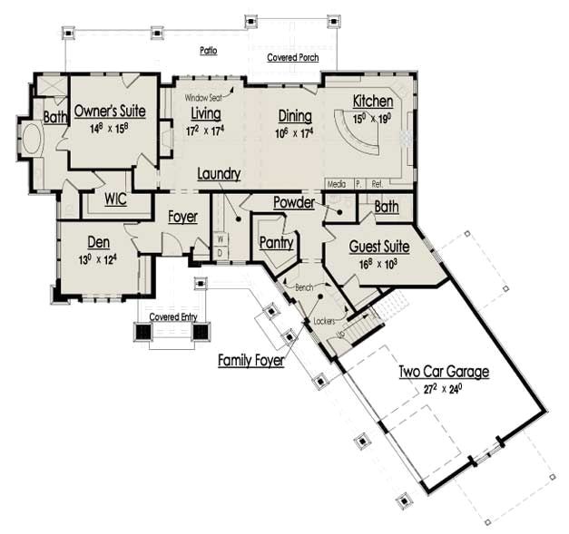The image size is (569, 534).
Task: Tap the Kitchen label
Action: (373, 101)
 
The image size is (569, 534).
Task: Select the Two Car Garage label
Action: (444, 372)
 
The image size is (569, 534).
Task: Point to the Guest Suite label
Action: (378, 247)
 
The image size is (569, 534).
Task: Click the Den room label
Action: (99, 242)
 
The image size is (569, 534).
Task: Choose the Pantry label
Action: (275, 242)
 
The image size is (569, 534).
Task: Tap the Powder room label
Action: (293, 202)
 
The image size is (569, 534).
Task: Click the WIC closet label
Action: (115, 199)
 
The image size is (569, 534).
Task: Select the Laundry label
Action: (218, 173)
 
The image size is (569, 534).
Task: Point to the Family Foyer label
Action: (251, 361)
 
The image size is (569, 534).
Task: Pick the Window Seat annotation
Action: (205, 97)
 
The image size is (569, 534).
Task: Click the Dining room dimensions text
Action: (294, 132)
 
